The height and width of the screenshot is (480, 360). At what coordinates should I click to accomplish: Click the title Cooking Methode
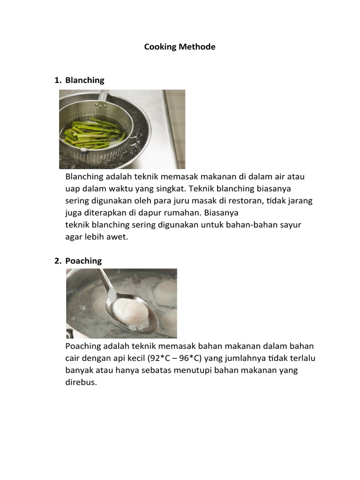[180, 47]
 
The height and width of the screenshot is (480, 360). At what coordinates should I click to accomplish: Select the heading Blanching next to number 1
[85, 80]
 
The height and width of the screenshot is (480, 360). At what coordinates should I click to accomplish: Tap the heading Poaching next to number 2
[83, 261]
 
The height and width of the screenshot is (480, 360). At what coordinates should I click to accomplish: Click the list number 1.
[57, 80]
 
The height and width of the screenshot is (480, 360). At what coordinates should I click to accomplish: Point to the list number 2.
[57, 261]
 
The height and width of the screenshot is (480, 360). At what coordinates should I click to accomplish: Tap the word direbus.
[81, 382]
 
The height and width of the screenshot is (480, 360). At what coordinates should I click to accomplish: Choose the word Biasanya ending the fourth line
[222, 212]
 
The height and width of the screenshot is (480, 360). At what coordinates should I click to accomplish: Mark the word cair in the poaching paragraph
[73, 358]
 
